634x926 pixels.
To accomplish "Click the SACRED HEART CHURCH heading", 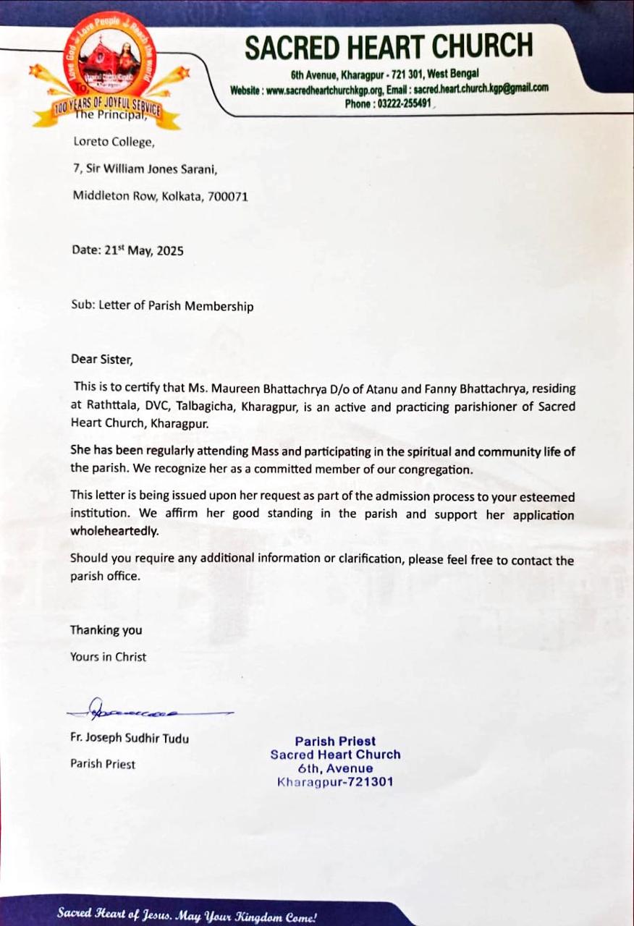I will [389, 46].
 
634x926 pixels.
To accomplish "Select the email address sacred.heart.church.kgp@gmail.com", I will [481, 88].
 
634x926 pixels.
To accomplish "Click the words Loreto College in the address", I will [114, 143].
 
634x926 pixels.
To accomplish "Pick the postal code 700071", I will [227, 195].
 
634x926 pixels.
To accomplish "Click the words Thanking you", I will [106, 630].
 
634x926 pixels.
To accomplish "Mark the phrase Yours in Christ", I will [109, 657].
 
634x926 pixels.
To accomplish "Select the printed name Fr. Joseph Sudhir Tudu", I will [130, 739].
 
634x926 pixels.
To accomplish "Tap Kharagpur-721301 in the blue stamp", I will [335, 782].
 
